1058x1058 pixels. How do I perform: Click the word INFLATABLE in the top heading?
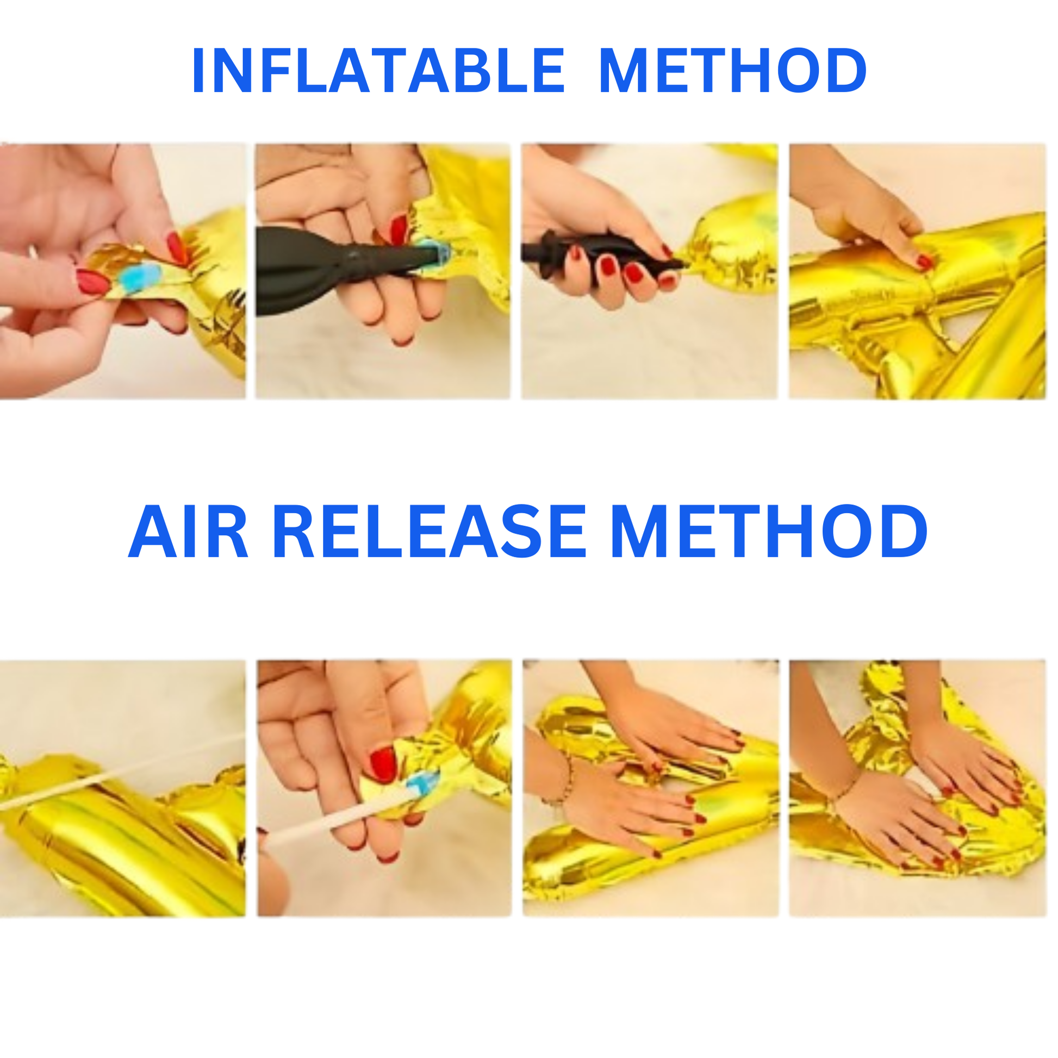(x=378, y=71)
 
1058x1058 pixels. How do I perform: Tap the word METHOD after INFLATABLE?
(x=733, y=71)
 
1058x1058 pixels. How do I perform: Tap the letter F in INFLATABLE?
(x=278, y=71)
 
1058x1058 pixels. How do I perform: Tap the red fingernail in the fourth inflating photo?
(x=925, y=262)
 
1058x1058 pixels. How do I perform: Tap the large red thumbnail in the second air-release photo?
(x=383, y=764)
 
